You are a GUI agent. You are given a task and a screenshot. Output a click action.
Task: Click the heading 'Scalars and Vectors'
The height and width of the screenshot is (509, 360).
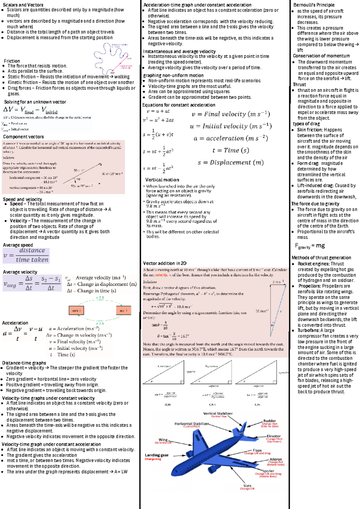point(23,5)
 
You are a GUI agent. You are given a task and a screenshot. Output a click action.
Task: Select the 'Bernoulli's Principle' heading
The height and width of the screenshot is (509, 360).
point(314,5)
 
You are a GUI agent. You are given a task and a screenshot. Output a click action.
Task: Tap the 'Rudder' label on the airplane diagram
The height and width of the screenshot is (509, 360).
point(269,421)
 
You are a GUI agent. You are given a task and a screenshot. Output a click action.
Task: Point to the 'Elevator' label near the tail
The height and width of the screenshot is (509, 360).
point(274,436)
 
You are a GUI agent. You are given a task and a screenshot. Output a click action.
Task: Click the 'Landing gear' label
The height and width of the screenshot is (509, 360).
point(157,455)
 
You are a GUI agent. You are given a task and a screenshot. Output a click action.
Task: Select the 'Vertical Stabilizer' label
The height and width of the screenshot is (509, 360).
point(218,413)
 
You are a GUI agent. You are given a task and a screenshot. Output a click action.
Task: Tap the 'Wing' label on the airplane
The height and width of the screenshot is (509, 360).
point(163,440)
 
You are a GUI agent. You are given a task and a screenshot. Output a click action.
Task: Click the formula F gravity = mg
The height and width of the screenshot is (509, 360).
point(310,246)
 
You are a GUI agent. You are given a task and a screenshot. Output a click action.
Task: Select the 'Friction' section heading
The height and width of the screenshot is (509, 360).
point(12,61)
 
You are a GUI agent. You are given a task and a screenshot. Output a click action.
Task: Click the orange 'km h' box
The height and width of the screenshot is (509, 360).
point(76,311)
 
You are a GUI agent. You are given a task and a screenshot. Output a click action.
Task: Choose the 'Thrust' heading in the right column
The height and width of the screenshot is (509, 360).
point(299,85)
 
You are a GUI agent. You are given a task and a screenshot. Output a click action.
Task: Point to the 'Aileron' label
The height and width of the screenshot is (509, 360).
point(276,459)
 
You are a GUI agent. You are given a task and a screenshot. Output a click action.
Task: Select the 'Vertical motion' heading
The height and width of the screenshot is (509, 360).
point(162,180)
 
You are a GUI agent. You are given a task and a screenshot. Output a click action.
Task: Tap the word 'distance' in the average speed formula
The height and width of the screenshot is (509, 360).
point(32,250)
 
